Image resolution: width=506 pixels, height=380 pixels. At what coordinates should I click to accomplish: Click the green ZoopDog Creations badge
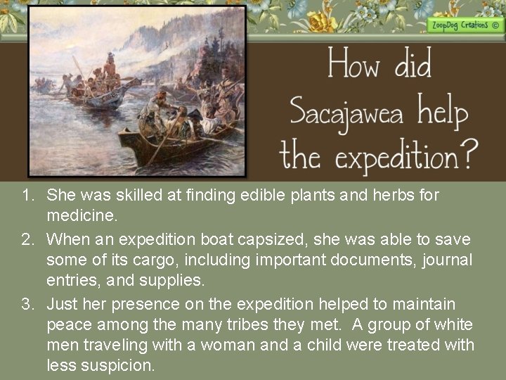463,25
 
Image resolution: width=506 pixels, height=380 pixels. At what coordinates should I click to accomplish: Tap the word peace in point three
66,324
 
